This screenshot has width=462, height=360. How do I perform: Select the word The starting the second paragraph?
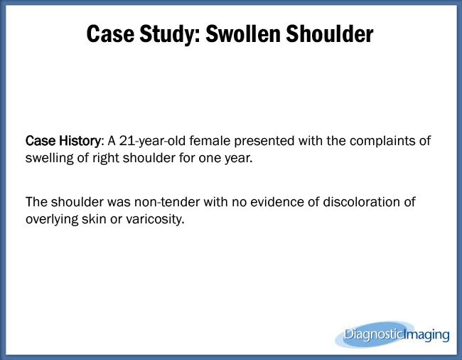point(37,203)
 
